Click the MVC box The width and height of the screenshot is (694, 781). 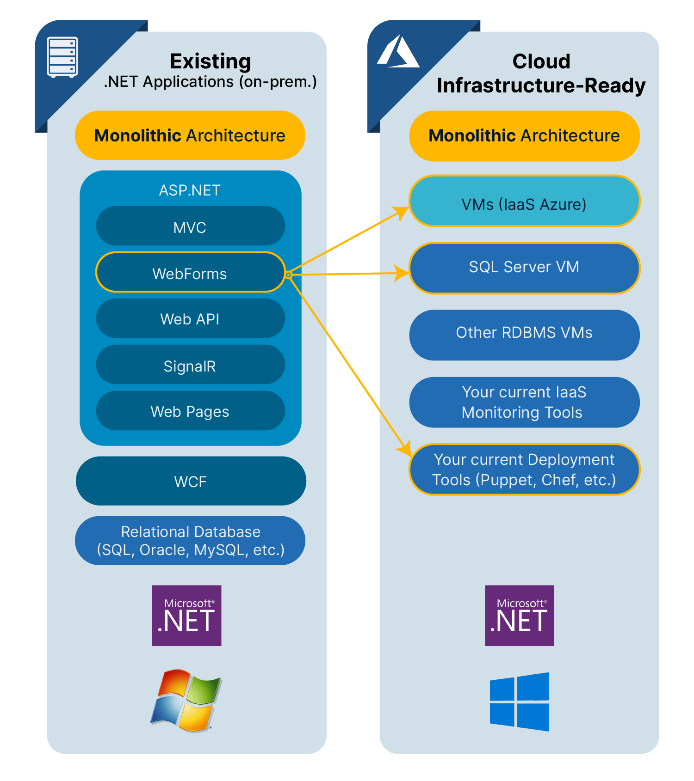[x=190, y=226]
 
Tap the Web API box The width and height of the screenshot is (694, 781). [x=190, y=318]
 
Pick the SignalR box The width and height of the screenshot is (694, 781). [x=190, y=365]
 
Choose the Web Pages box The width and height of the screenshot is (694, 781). [x=190, y=411]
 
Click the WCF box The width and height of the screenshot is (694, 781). [x=191, y=481]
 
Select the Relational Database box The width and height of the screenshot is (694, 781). [x=190, y=541]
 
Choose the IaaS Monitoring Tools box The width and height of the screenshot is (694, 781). [x=524, y=402]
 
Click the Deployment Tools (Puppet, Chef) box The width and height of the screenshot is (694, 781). [x=524, y=470]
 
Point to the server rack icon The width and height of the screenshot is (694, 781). [x=62, y=57]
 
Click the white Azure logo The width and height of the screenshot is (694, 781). [x=398, y=52]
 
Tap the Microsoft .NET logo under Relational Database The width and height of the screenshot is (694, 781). [x=187, y=616]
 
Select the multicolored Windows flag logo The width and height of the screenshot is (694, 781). [x=186, y=700]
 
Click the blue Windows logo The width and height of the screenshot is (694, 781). [x=520, y=702]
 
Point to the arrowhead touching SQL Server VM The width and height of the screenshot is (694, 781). [x=402, y=273]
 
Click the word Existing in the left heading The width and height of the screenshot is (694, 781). [x=211, y=61]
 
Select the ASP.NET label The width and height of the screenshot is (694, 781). [x=190, y=190]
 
